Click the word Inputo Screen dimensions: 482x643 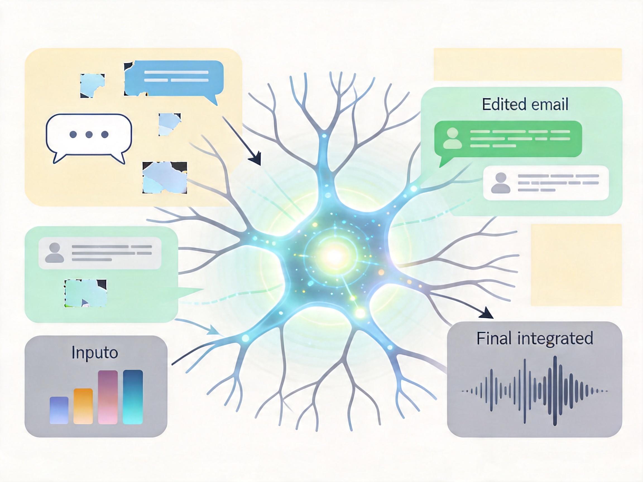point(95,353)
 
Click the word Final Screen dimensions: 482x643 point(494,338)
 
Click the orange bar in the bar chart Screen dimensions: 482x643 point(83,406)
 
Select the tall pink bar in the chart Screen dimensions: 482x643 point(108,397)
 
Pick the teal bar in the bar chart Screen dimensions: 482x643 point(133,397)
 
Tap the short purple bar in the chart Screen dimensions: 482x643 point(59,410)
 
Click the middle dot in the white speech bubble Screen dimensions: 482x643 point(89,134)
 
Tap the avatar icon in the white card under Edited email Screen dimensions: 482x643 point(501,183)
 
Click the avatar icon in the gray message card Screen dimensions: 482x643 point(55,253)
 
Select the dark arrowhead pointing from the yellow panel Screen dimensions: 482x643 point(256,160)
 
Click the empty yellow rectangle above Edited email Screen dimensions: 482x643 point(527,64)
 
